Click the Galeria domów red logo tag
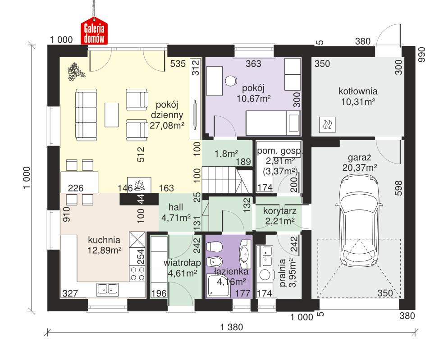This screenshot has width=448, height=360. pyautogui.click(x=94, y=32)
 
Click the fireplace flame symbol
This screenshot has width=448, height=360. pyautogui.click(x=138, y=185)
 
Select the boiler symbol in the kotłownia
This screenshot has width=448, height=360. pyautogui.click(x=327, y=125)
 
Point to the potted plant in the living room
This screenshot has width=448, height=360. pyautogui.click(x=73, y=72)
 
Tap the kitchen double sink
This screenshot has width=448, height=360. pyautogui.click(x=107, y=288)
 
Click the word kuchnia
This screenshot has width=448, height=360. pyautogui.click(x=104, y=240)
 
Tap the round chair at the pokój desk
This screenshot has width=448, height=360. pyautogui.click(x=231, y=81)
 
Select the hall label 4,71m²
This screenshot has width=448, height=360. pyautogui.click(x=175, y=219)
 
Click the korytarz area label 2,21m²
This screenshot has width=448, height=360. pyautogui.click(x=279, y=220)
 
